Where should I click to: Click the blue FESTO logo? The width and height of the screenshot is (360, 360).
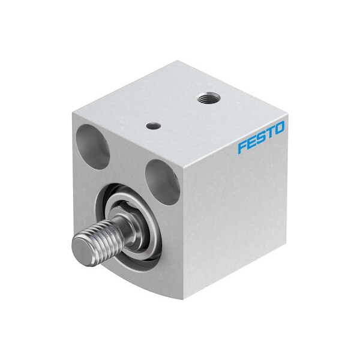(261, 138)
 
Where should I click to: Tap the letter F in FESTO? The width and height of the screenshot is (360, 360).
(242, 146)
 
